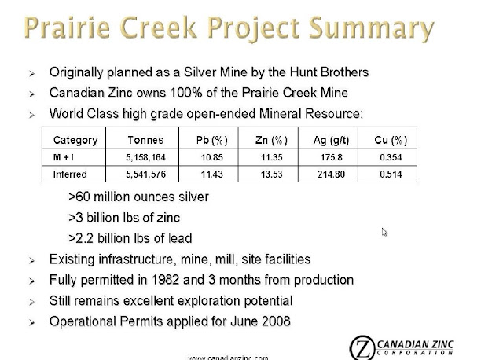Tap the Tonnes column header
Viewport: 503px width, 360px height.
point(145,140)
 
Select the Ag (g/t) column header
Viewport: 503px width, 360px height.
point(331,140)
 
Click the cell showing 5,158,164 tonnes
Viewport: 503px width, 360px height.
point(145,157)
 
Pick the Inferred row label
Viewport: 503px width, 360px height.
point(70,174)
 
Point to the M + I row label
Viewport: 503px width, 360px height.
point(63,157)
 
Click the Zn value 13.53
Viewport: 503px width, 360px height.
point(271,174)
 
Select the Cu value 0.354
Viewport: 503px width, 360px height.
point(391,157)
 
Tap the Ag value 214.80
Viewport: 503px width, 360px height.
point(332,174)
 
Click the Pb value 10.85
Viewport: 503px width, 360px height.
point(211,157)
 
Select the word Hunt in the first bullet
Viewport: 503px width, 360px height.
point(303,72)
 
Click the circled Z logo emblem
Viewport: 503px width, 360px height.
point(362,347)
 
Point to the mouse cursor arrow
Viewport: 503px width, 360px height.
point(384,232)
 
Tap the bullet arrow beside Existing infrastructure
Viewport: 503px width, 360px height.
point(31,260)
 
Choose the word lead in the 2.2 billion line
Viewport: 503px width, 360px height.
point(180,238)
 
